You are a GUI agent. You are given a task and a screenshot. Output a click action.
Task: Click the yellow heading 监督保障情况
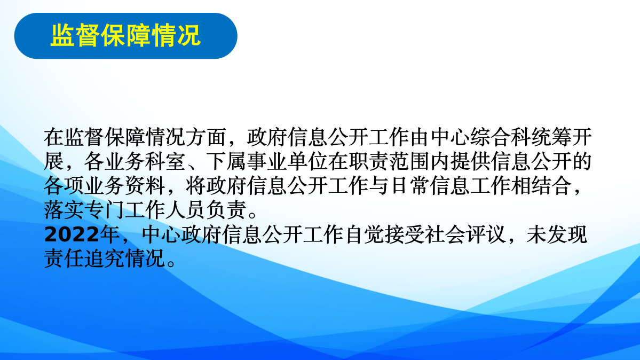[x=125, y=35]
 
